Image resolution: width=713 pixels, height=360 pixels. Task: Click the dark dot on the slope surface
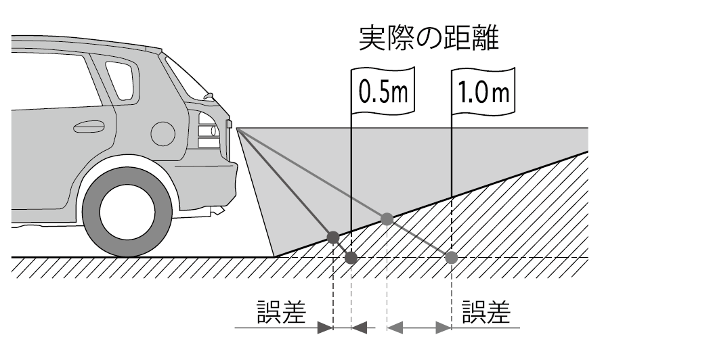333,236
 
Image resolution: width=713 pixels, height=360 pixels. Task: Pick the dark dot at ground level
351,258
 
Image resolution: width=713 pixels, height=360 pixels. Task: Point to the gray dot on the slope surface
387,219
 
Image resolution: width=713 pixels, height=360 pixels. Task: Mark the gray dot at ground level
452,257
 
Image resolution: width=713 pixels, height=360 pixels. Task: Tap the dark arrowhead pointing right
326,328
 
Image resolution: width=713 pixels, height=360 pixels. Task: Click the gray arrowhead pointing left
394,328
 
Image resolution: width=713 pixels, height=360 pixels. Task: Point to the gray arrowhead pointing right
444,328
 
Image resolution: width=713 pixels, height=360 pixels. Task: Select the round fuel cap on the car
163,132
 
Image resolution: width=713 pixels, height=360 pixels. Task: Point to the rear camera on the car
230,124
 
